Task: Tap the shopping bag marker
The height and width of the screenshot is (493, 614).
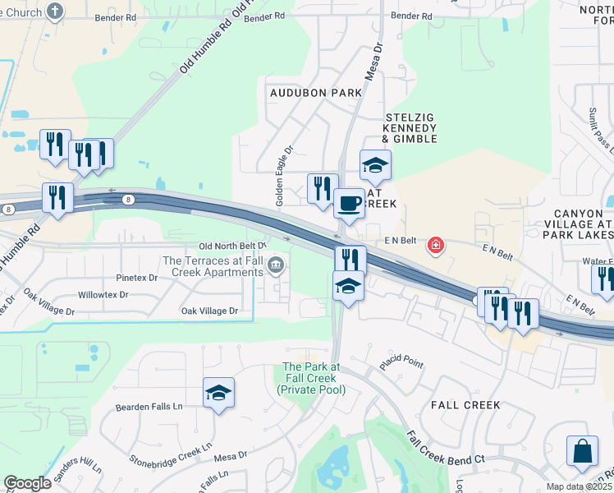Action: point(582,450)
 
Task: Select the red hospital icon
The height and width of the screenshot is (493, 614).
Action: point(435,245)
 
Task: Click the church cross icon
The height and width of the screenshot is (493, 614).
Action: point(54,11)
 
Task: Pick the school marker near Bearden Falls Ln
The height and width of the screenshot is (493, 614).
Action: point(219,394)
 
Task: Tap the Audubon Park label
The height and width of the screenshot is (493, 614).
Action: point(316,93)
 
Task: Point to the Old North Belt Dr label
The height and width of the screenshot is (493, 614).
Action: point(233,246)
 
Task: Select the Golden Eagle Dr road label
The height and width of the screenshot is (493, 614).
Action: point(284,177)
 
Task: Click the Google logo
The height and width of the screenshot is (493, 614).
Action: point(27,483)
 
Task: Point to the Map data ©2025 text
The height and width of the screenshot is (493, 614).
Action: point(579,486)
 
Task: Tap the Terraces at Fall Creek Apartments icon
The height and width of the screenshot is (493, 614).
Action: point(276,265)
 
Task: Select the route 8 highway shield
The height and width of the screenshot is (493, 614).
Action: point(128,199)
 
